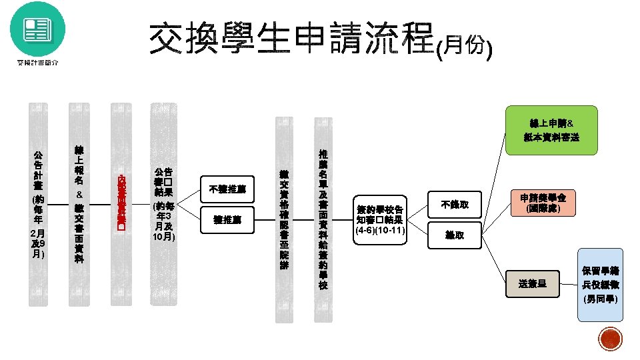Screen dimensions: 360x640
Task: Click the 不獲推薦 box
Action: point(227,189)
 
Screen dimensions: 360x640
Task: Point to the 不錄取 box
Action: point(455,205)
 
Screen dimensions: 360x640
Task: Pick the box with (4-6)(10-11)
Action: point(379,220)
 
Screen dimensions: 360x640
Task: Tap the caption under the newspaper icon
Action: point(37,63)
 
